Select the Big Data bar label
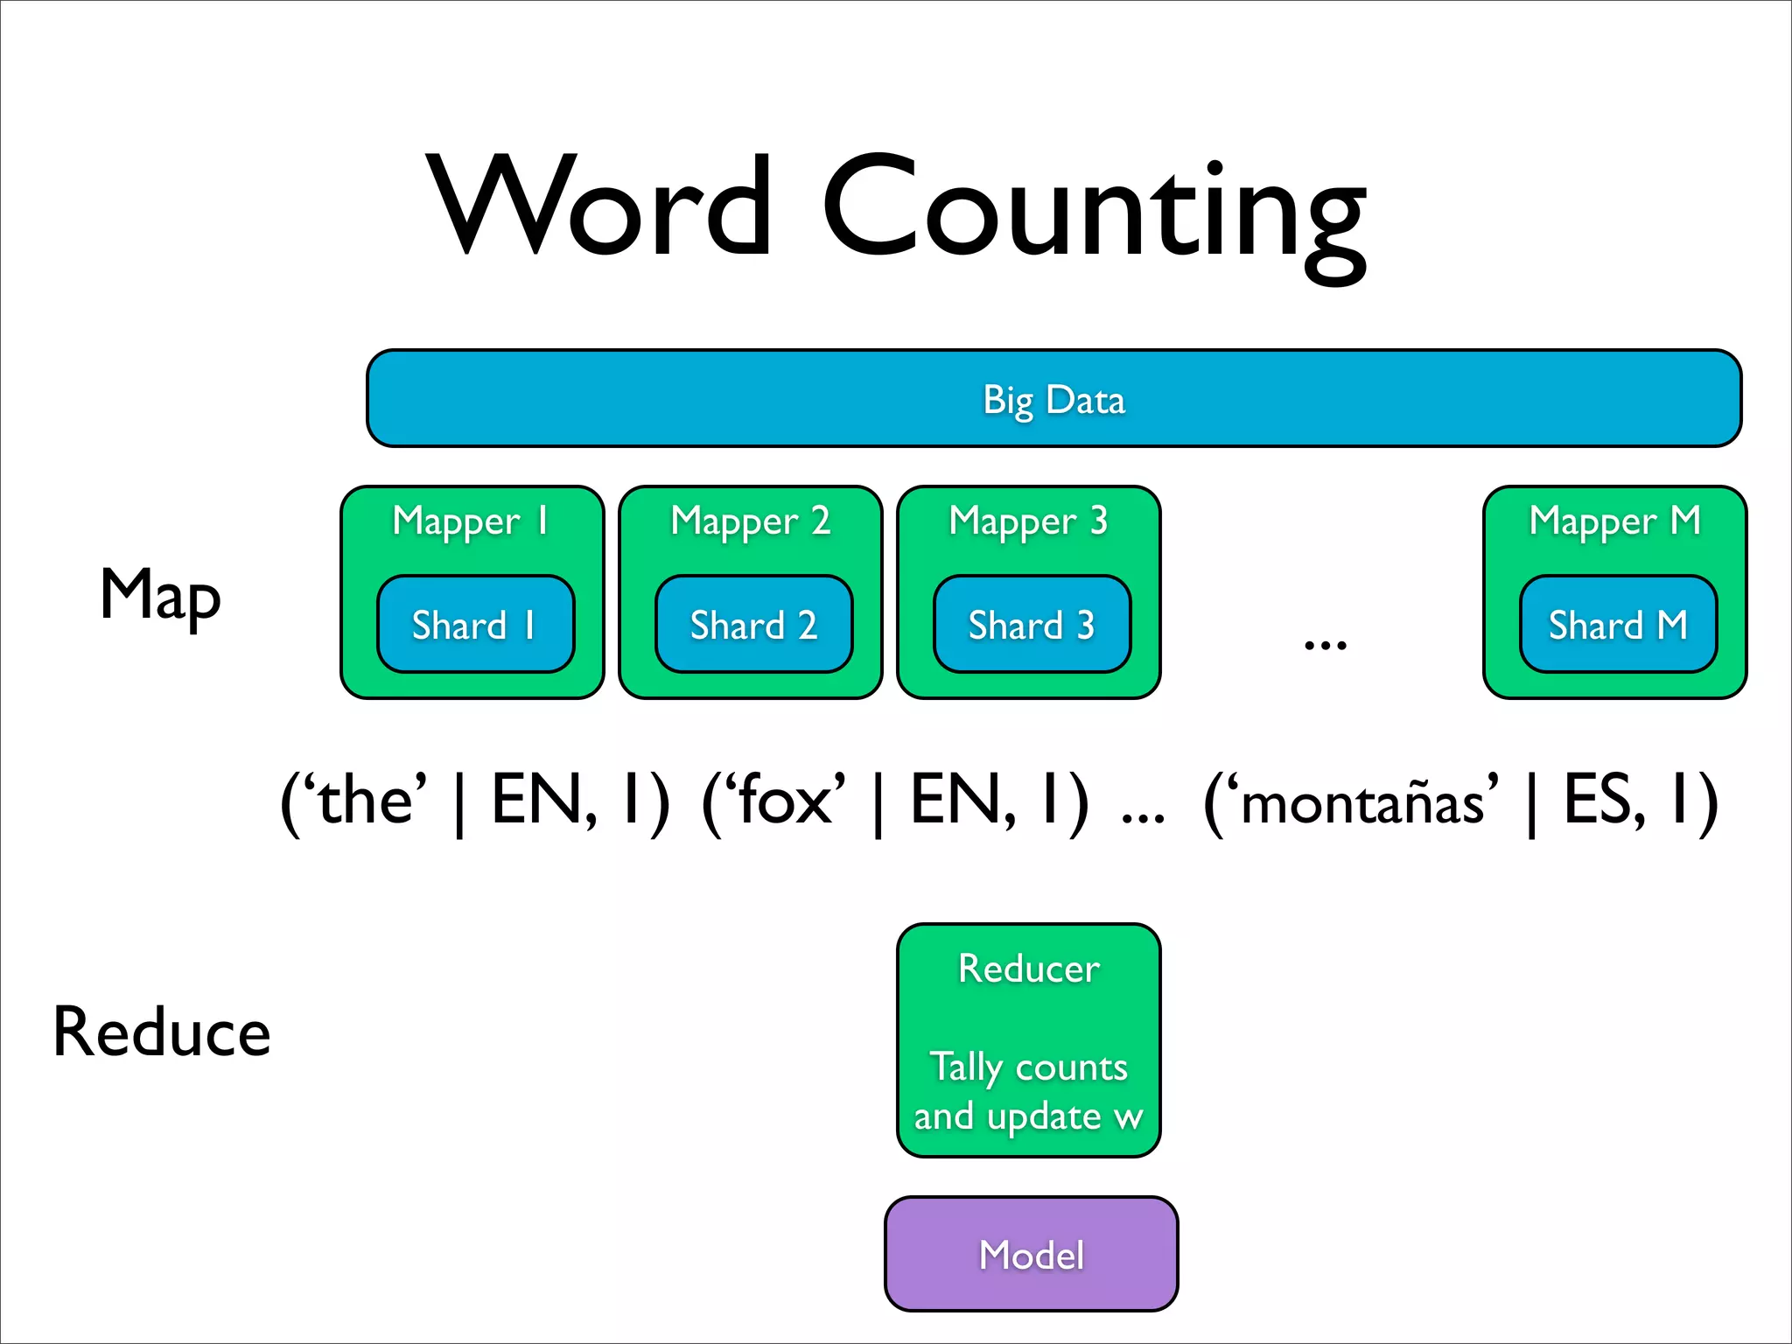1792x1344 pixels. (x=1053, y=400)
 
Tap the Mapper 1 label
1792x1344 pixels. (x=472, y=521)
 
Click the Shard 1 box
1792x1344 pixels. (x=475, y=625)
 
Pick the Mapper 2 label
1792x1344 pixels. (x=750, y=521)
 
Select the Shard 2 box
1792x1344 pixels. (x=753, y=625)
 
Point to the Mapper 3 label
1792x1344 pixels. (x=1028, y=521)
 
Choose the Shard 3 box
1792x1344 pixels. (x=1032, y=625)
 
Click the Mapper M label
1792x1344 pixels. (x=1614, y=521)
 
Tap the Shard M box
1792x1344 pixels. (x=1618, y=625)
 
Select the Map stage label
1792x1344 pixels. (x=160, y=595)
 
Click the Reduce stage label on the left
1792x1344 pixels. (x=162, y=1032)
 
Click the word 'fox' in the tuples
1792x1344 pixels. (x=784, y=801)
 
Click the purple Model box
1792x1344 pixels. (x=1031, y=1254)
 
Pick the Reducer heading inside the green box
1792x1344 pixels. (x=1028, y=969)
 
